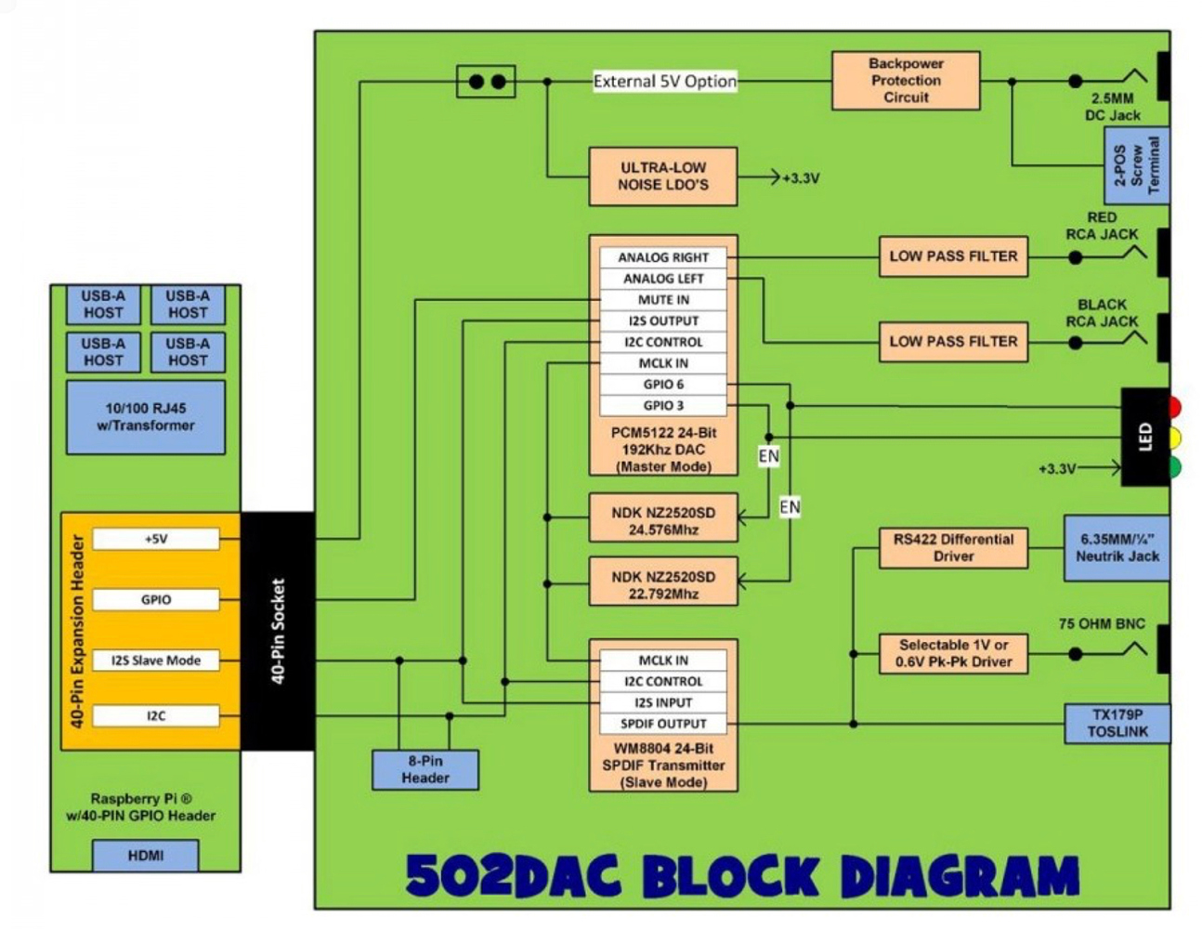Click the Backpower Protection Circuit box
point(905,81)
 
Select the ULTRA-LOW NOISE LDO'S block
point(662,177)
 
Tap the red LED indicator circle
point(1174,407)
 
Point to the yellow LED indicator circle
point(1174,437)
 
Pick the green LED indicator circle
point(1174,466)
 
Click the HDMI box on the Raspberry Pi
point(145,856)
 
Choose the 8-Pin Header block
point(425,769)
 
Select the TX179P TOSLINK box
point(1117,724)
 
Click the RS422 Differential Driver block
point(953,548)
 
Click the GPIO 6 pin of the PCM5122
point(662,385)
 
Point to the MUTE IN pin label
point(662,300)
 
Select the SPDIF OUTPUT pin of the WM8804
point(662,724)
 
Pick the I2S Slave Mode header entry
point(155,661)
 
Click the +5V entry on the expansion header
point(155,539)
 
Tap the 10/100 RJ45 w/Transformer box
point(145,417)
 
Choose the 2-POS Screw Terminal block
point(1136,166)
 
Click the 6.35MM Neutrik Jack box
point(1117,548)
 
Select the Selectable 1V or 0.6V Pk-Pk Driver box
point(953,653)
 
